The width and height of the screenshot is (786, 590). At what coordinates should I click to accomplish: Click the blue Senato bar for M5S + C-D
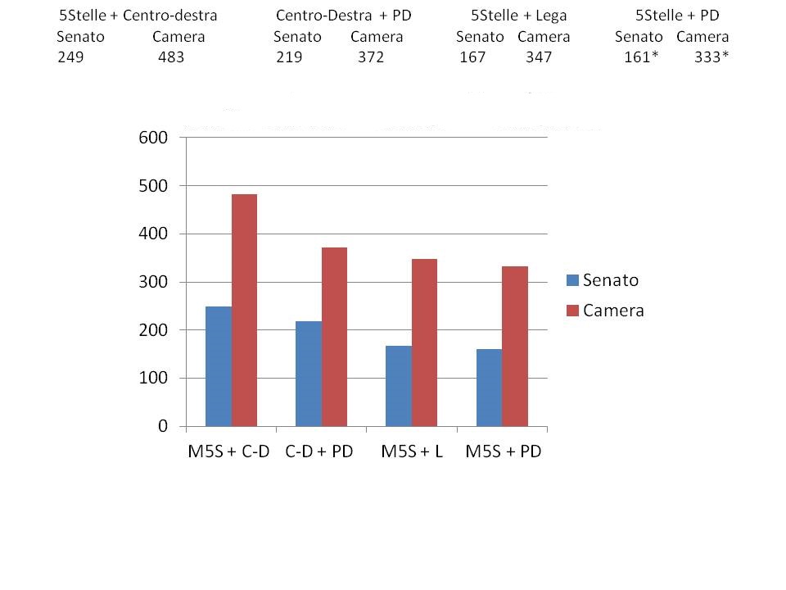(219, 366)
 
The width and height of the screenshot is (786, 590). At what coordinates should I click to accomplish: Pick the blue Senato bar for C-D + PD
(309, 374)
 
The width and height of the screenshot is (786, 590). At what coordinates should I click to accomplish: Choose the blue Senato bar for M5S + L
(399, 386)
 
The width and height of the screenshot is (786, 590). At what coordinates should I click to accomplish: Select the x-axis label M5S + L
(412, 452)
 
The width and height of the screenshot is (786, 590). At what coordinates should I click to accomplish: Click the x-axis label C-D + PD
(318, 452)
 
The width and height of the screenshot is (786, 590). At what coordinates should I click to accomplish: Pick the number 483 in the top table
(171, 57)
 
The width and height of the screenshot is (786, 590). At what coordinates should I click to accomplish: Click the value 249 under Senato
(71, 57)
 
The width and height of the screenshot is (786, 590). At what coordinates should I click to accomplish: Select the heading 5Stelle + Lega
(518, 16)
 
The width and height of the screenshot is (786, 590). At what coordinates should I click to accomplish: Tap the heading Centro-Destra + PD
(343, 16)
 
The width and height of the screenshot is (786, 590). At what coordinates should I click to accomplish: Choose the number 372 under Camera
(370, 57)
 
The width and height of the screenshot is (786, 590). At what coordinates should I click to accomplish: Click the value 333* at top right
(710, 57)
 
